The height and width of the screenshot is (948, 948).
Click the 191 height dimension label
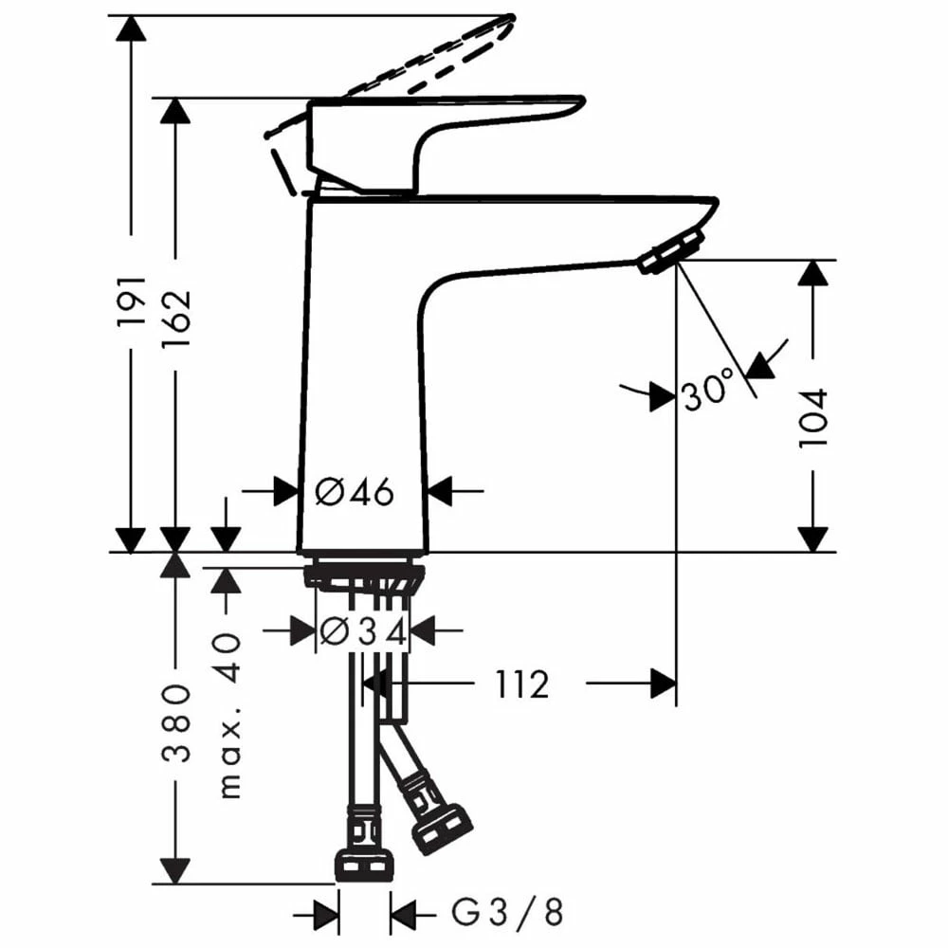[x=132, y=301]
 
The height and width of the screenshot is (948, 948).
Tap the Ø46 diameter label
[x=355, y=492]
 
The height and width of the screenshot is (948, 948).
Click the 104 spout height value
[x=813, y=418]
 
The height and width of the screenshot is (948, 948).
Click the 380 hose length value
[x=175, y=724]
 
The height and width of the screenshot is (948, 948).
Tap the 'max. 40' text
[x=228, y=717]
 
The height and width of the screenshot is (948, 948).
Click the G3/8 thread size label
[x=506, y=914]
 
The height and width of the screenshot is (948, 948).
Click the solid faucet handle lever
[x=446, y=118]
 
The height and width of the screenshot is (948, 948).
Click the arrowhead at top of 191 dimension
[x=132, y=27]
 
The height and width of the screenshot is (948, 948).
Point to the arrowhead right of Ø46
[x=443, y=491]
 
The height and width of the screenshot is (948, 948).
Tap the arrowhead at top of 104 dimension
[x=813, y=272]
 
